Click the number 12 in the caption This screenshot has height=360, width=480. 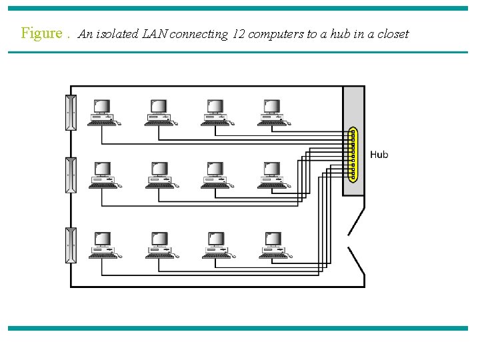(239, 34)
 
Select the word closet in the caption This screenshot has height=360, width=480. (392, 34)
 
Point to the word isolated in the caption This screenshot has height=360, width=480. (117, 34)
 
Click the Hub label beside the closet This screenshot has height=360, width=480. (379, 155)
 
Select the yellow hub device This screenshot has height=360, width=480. (353, 155)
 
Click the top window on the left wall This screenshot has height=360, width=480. (71, 113)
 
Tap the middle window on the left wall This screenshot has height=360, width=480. (71, 175)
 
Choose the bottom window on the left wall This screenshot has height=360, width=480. (71, 245)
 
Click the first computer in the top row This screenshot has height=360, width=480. (102, 112)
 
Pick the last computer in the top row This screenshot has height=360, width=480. (272, 112)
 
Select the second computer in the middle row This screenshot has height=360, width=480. (159, 175)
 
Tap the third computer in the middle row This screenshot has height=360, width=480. (215, 175)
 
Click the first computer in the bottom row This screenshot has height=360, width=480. (102, 245)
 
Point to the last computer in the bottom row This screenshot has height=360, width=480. (272, 245)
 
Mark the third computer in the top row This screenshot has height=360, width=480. (215, 112)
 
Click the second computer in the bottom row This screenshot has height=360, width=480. (159, 245)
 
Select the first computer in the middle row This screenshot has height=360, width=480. (102, 175)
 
